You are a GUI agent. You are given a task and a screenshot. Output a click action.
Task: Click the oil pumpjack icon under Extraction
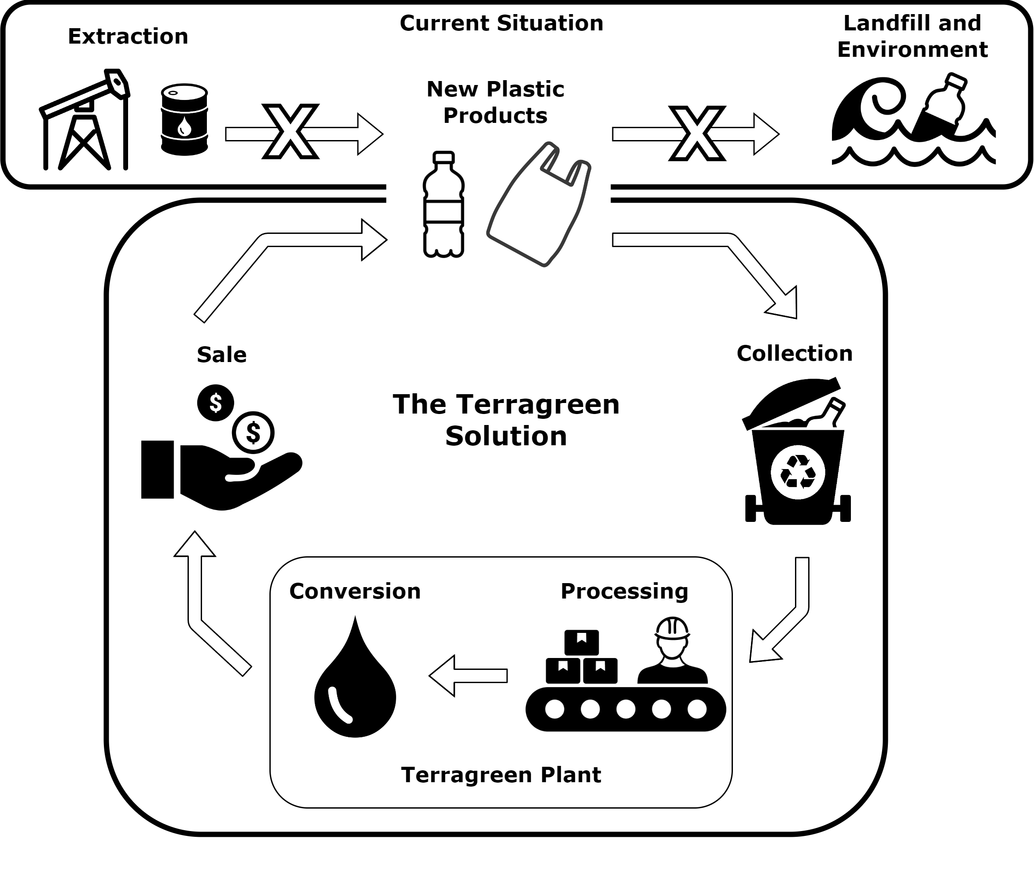point(85,122)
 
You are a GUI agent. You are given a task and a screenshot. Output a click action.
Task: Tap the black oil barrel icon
point(184,120)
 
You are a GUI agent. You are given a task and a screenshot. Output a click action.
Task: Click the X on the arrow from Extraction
point(291,132)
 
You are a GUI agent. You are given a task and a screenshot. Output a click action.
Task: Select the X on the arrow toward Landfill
point(697,133)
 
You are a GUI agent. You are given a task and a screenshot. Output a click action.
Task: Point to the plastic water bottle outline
point(443,205)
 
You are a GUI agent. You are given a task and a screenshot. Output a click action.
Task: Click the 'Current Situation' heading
point(501,23)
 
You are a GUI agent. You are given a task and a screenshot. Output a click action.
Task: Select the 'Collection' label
point(794,354)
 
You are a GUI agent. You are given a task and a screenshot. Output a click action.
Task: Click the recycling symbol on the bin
point(798,472)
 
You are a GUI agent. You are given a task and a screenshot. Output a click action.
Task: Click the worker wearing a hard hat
point(672,651)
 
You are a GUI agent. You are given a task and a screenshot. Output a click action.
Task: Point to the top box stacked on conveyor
point(581,642)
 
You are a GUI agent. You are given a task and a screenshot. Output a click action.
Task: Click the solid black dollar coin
point(215,403)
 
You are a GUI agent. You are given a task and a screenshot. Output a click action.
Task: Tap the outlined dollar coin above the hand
point(253,432)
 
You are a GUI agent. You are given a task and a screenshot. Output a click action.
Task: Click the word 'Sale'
point(221,355)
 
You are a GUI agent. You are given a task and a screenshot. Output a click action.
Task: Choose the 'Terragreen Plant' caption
point(501,775)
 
